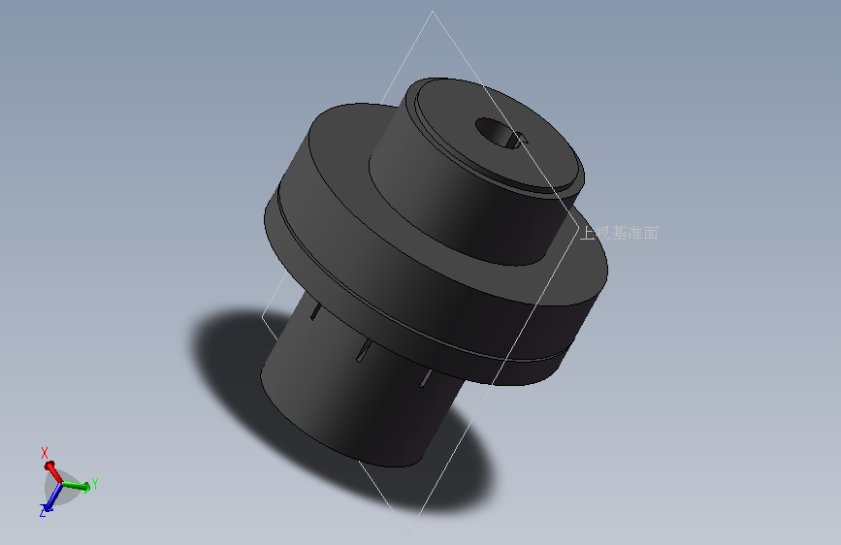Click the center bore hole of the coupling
pyautogui.click(x=492, y=131)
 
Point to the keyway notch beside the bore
pyautogui.click(x=519, y=139)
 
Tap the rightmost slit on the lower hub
pyautogui.click(x=424, y=377)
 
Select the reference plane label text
pyautogui.click(x=619, y=233)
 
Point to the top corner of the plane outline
pyautogui.click(x=433, y=13)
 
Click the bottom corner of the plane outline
pyautogui.click(x=406, y=529)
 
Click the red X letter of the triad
pyautogui.click(x=45, y=452)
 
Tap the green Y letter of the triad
pyautogui.click(x=95, y=484)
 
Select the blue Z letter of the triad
pyautogui.click(x=44, y=510)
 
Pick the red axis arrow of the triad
pyautogui.click(x=51, y=468)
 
